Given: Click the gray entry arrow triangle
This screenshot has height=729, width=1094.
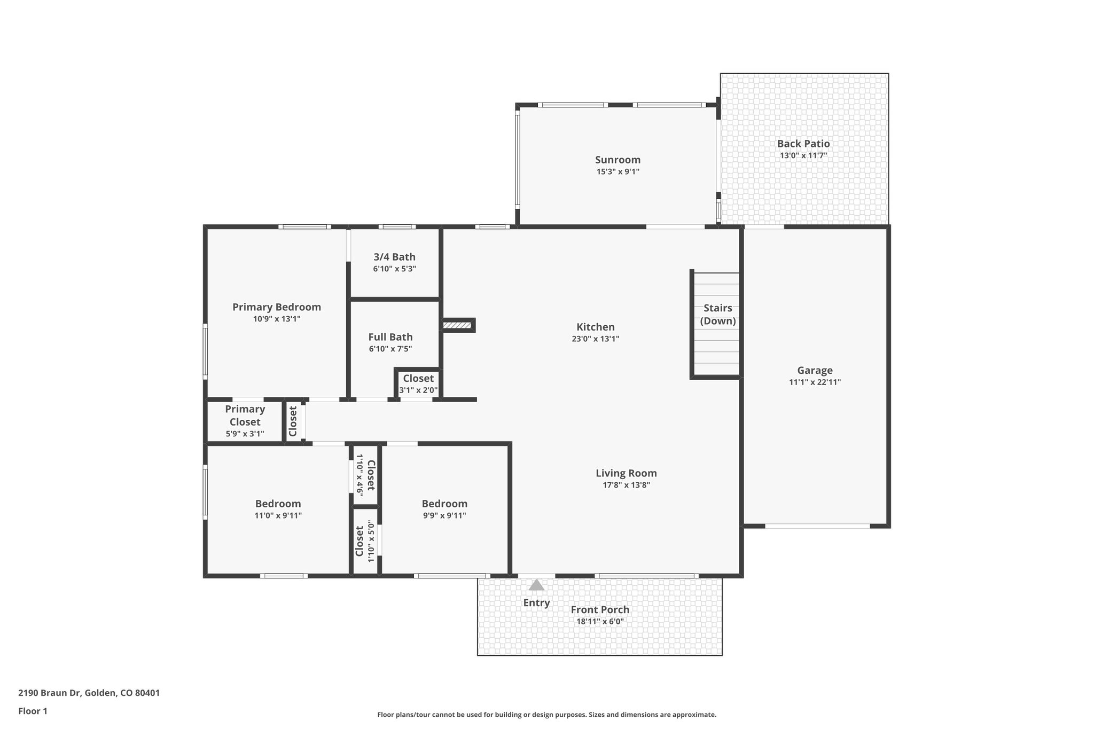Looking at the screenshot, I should [536, 585].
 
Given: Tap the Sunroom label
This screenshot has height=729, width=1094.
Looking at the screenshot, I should [618, 160].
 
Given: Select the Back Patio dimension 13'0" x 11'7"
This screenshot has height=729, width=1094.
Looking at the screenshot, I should [803, 156].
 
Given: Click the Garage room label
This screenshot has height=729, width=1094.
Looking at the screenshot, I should [815, 370].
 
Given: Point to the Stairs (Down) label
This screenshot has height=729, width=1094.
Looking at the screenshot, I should [717, 315].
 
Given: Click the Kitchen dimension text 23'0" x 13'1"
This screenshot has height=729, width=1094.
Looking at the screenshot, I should [595, 339].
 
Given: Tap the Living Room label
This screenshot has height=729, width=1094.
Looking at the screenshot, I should [626, 473].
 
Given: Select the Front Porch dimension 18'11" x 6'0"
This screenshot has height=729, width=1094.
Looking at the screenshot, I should [600, 622].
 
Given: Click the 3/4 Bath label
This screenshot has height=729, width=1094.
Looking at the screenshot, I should [394, 257].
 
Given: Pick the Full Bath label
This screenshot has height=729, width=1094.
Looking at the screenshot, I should [390, 337].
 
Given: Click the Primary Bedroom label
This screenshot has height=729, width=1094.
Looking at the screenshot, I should [276, 307].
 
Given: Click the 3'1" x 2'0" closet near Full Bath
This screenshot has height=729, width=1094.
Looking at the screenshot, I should [418, 384].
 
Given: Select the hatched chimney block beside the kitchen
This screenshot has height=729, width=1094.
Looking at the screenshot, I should [457, 325].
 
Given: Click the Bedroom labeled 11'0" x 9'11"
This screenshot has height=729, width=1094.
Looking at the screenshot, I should [278, 509].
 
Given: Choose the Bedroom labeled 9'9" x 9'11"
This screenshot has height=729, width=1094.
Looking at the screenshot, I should [444, 509].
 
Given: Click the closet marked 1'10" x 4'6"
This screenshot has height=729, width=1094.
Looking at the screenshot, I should [366, 475].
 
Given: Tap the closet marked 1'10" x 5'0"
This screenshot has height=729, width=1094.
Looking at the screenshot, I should [366, 541].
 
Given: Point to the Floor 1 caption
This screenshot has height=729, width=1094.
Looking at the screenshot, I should [33, 711].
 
